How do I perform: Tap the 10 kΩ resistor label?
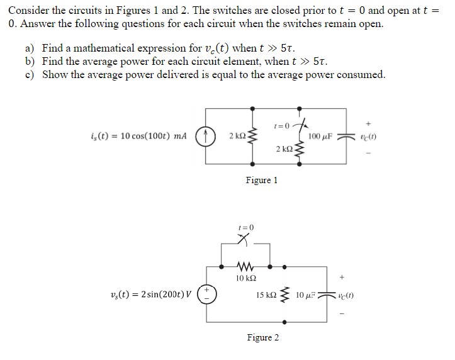(245, 278)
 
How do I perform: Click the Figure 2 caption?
(262, 337)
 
